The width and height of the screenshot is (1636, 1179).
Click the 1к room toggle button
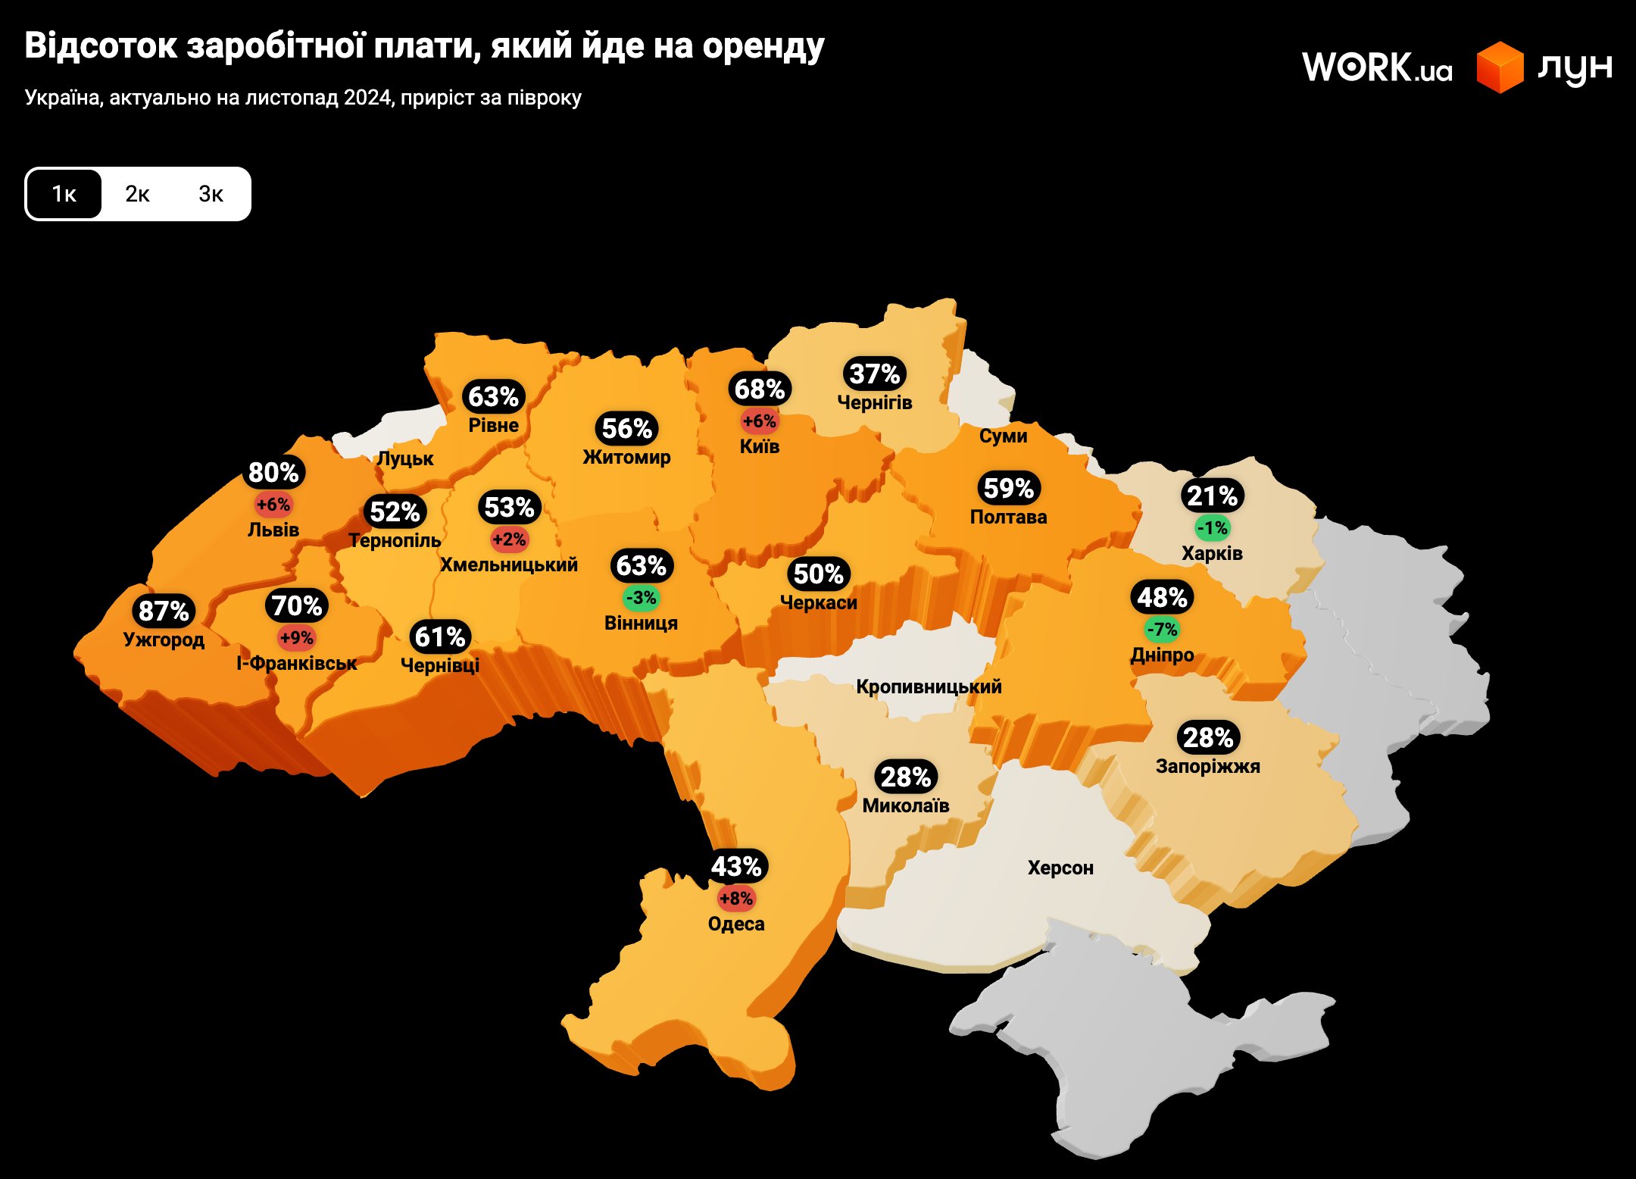coord(64,194)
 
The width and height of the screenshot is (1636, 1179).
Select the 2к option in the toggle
coord(137,194)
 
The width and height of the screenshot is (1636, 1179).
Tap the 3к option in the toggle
coord(211,194)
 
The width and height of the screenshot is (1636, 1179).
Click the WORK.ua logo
coord(1377,67)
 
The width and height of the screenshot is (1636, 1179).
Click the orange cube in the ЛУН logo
coord(1500,67)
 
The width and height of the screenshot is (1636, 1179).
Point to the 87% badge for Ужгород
coord(164,611)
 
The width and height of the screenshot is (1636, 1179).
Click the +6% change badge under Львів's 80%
coord(273,505)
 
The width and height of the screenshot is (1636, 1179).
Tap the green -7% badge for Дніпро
coord(1162,630)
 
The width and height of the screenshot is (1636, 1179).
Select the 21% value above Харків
coord(1212,496)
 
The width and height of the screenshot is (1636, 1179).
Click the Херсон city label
coord(1060,868)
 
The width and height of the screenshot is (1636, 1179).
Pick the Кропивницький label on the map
coord(929,686)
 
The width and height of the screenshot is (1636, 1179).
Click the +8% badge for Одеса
coord(736,899)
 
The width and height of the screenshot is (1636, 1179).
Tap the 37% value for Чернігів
coord(875,374)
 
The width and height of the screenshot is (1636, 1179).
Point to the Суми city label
coord(1003,436)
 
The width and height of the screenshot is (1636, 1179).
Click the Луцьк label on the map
coord(405,458)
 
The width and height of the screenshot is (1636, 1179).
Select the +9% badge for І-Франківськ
coord(297,638)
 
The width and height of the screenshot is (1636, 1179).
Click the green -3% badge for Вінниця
coord(641,598)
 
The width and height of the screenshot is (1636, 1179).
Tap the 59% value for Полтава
coord(1008,488)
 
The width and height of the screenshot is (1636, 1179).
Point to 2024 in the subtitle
coord(369,98)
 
